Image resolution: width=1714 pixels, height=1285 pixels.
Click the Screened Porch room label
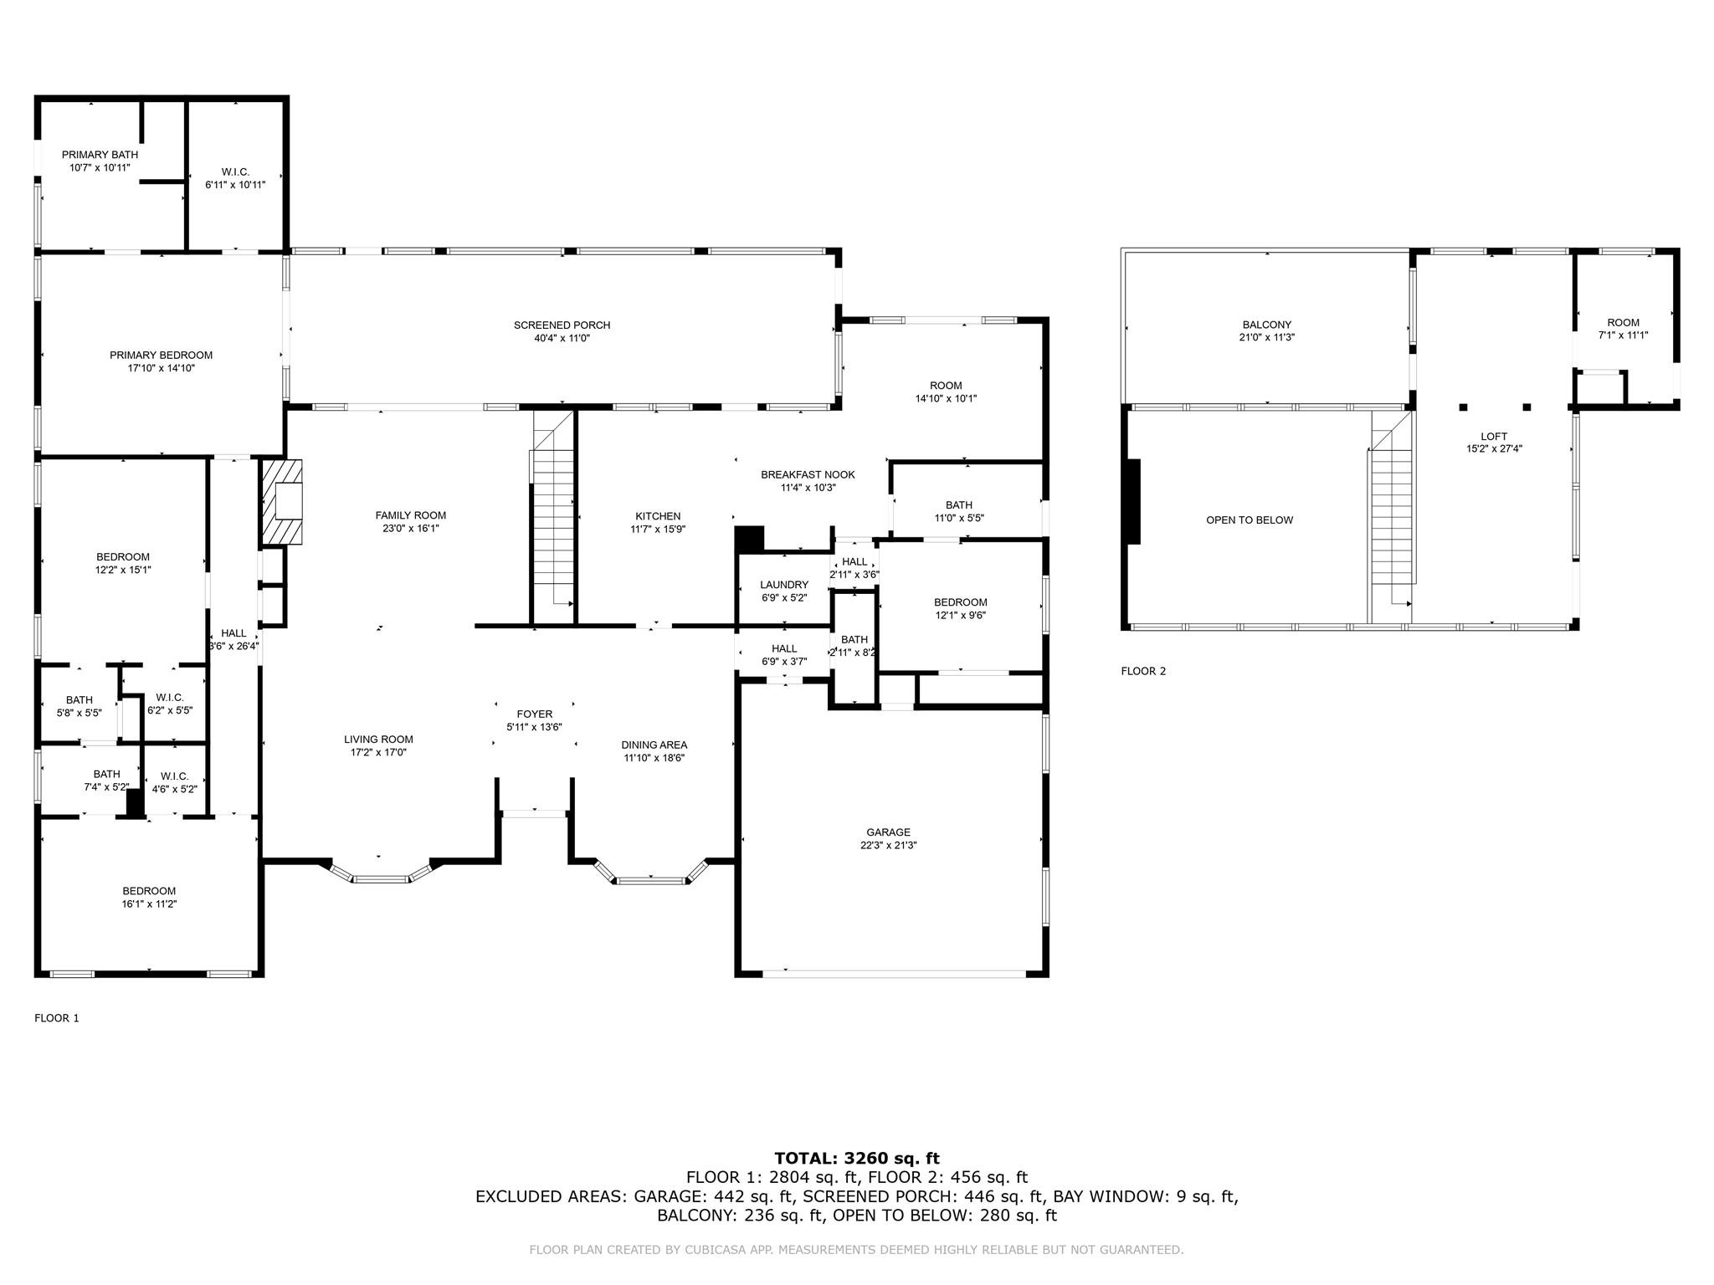[x=562, y=325]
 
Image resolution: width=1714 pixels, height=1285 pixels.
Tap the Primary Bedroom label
[x=161, y=356]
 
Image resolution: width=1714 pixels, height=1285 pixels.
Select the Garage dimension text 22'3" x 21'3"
[x=888, y=846]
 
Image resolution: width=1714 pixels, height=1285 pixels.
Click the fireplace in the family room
[x=281, y=503]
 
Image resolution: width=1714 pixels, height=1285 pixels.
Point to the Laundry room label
[x=784, y=585]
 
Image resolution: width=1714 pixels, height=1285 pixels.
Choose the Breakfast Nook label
[x=808, y=475]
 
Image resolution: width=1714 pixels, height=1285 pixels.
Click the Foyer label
[x=534, y=714]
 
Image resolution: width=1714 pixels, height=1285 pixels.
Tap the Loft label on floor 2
[x=1494, y=437]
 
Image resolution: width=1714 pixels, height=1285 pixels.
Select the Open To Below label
[x=1250, y=520]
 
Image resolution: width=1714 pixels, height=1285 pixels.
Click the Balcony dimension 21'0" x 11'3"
[x=1267, y=338]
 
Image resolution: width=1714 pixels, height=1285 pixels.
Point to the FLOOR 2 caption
[x=1143, y=671]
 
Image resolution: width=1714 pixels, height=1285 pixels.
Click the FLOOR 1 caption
[x=57, y=1018]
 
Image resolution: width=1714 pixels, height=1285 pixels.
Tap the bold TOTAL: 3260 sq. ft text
[x=857, y=1159]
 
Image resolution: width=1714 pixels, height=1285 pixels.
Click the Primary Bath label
[x=100, y=155]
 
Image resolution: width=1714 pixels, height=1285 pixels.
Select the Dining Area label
[x=654, y=745]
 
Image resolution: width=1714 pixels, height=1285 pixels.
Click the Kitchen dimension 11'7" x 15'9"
[x=658, y=530]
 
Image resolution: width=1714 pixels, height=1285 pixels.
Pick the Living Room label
[x=378, y=740]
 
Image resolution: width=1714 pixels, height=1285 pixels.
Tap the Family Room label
[x=410, y=516]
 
